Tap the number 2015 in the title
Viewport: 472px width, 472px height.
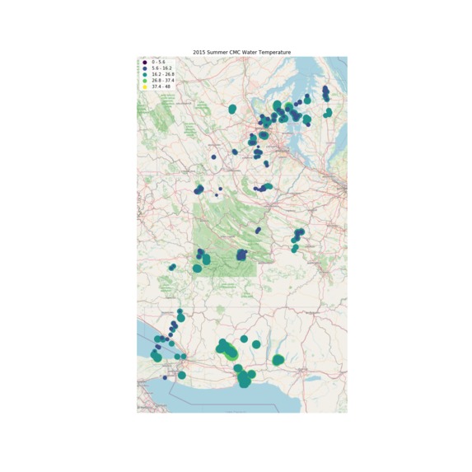click(x=199, y=52)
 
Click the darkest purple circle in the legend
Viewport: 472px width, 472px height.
click(x=144, y=62)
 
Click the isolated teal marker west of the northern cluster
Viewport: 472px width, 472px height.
click(x=232, y=109)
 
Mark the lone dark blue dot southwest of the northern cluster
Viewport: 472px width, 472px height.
click(x=213, y=156)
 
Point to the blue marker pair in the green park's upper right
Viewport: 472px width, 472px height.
click(x=258, y=230)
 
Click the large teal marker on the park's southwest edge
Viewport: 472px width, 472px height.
click(x=198, y=268)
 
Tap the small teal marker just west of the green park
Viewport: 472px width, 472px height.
click(x=172, y=267)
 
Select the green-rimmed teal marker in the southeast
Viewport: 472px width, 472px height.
click(x=278, y=360)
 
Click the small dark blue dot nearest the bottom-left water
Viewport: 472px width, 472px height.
click(x=165, y=377)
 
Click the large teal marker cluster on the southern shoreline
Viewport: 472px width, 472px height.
click(x=244, y=379)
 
